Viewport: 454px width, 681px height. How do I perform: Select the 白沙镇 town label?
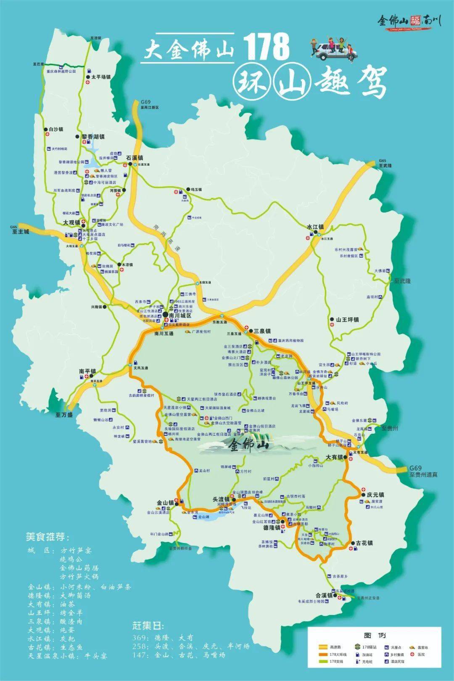(x=55, y=130)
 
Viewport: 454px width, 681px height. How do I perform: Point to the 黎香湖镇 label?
(x=93, y=137)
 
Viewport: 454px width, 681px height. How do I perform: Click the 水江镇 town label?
(x=315, y=227)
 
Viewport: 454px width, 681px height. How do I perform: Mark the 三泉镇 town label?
(x=261, y=331)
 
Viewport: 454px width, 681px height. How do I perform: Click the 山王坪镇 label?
(x=347, y=320)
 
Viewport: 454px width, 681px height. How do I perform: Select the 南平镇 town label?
(x=87, y=371)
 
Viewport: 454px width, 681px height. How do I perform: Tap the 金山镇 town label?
(x=165, y=502)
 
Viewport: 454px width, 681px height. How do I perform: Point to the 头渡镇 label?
(x=221, y=499)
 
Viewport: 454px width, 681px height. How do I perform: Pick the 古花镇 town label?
(x=364, y=543)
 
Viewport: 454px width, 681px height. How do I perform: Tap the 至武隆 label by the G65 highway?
(x=385, y=166)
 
